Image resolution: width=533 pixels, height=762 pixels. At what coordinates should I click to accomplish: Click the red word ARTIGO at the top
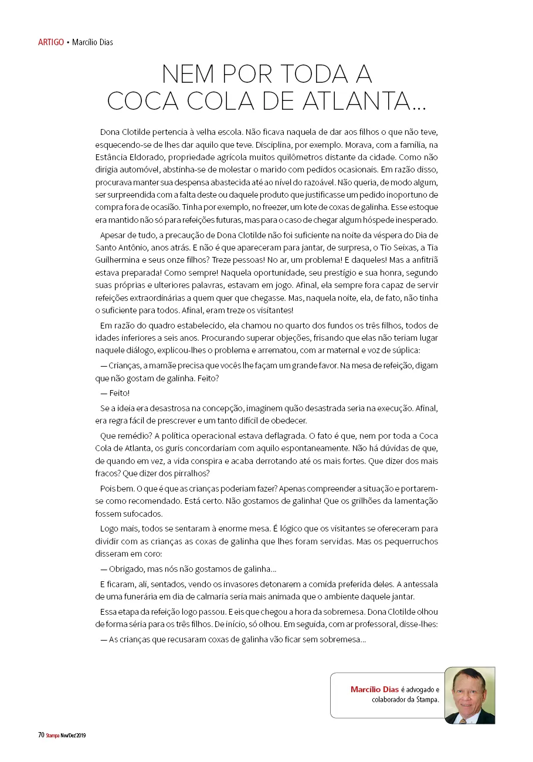coord(51,42)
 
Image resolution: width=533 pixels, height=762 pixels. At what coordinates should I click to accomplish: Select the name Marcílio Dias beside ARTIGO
coord(93,42)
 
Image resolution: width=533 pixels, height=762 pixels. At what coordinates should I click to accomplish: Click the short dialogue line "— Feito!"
coord(115,393)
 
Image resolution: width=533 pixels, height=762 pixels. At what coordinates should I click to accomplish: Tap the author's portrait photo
coord(469,695)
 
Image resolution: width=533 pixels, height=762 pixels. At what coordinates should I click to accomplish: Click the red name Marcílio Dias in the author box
coord(374,689)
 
